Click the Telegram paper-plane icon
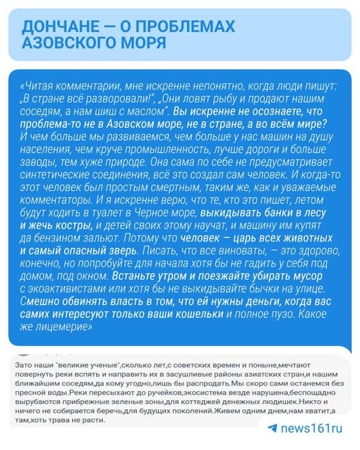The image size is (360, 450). tap(272, 429)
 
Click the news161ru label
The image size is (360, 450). tap(312, 429)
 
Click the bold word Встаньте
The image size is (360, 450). tap(135, 276)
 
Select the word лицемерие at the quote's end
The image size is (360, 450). tap(62, 327)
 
